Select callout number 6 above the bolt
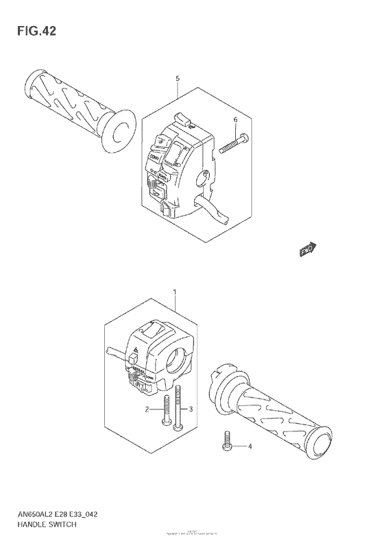click(235, 121)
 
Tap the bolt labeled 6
click(234, 144)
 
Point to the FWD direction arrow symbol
click(308, 251)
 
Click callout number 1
click(176, 293)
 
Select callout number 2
click(146, 409)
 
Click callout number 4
click(250, 446)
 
